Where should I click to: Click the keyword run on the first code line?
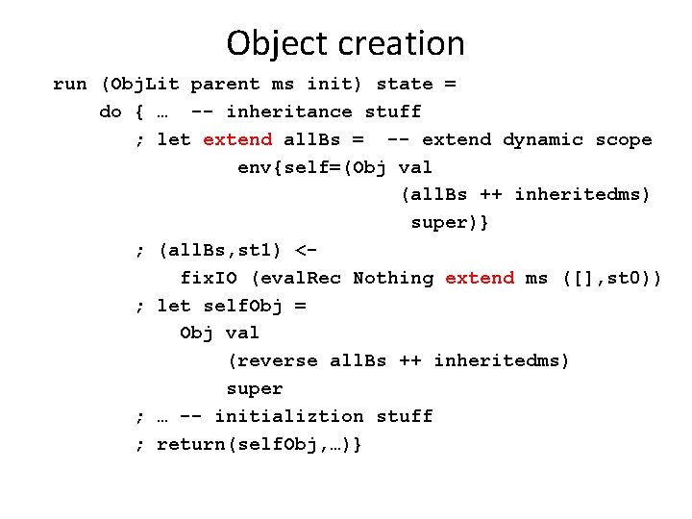69,84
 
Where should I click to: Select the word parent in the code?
225,84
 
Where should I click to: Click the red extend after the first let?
237,139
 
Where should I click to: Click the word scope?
624,139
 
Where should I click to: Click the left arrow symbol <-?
306,251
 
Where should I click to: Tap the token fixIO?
210,278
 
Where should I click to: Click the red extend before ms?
480,278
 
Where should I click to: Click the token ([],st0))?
612,278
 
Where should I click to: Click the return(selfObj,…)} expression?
259,444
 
